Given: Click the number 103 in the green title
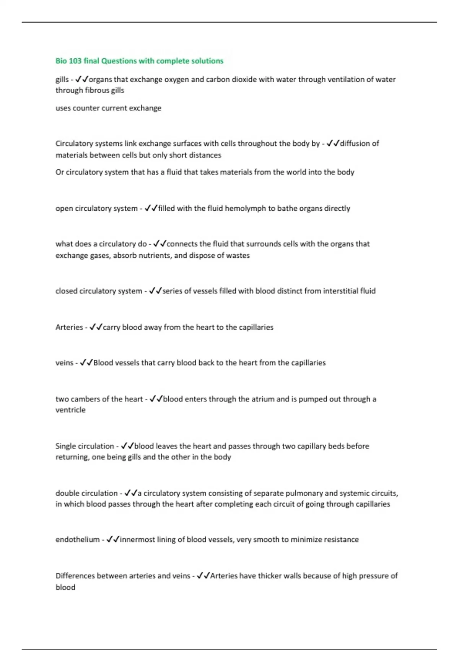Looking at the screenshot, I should [x=75, y=61].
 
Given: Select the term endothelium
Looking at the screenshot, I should [x=77, y=539].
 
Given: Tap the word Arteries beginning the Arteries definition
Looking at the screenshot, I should [x=69, y=327].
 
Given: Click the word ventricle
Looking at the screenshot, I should [x=70, y=410].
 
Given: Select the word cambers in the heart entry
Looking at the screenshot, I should [x=85, y=399].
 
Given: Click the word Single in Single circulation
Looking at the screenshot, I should [x=66, y=446].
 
